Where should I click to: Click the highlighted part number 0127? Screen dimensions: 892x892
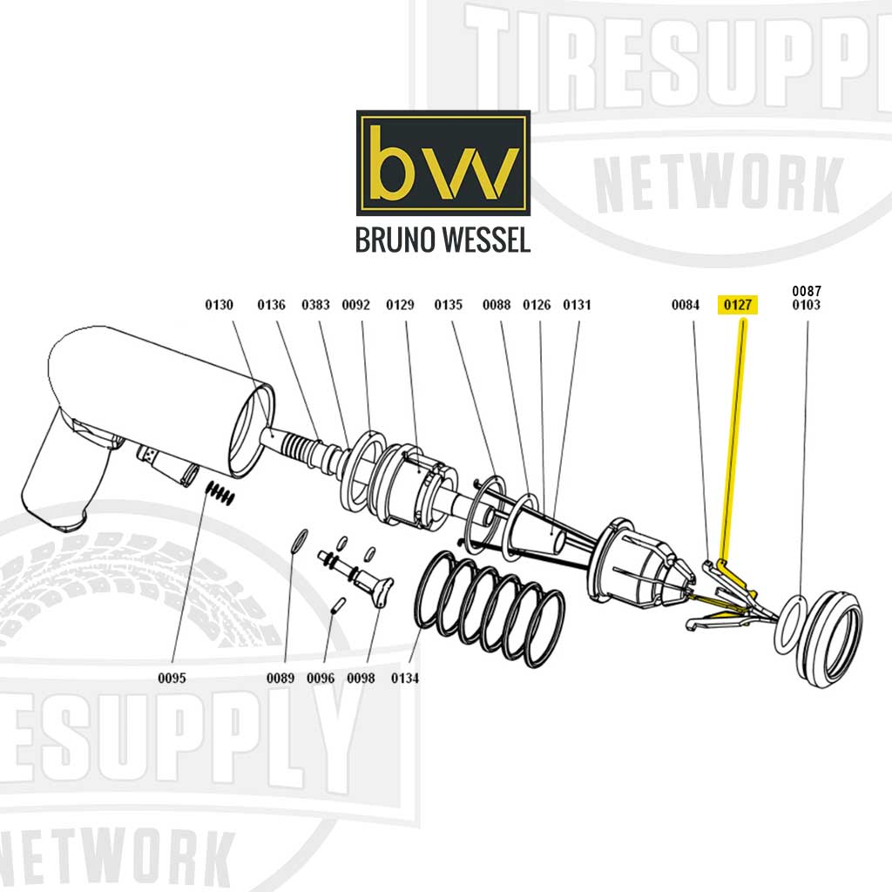[x=737, y=305]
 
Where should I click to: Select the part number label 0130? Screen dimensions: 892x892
[x=220, y=305]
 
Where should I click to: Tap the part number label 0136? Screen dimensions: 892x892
[x=271, y=305]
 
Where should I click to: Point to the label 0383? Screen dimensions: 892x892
[x=316, y=305]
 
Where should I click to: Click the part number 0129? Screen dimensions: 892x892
[x=400, y=305]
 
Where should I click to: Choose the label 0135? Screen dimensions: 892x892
[x=448, y=305]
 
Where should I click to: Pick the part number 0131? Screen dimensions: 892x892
[x=577, y=305]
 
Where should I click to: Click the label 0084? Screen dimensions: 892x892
[x=686, y=305]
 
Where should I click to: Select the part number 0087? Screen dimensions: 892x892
[x=806, y=291]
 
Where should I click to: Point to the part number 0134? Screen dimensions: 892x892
[x=405, y=678]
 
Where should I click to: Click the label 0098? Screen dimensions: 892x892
[x=361, y=678]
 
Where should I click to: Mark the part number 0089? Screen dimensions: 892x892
[x=280, y=678]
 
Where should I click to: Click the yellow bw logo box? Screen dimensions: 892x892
[x=443, y=163]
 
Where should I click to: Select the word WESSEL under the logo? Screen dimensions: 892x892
[x=484, y=240]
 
